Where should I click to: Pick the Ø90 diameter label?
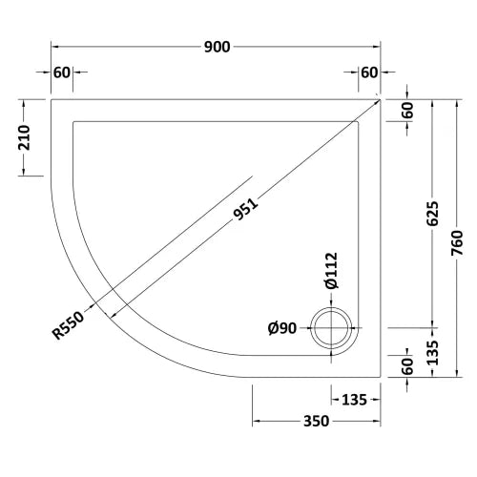(x=283, y=329)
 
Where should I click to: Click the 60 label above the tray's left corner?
(x=62, y=73)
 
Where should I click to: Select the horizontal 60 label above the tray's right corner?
(x=369, y=73)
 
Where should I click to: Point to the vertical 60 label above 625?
(x=408, y=110)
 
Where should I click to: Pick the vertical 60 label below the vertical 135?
(x=408, y=364)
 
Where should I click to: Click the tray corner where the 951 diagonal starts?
(x=381, y=98)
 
